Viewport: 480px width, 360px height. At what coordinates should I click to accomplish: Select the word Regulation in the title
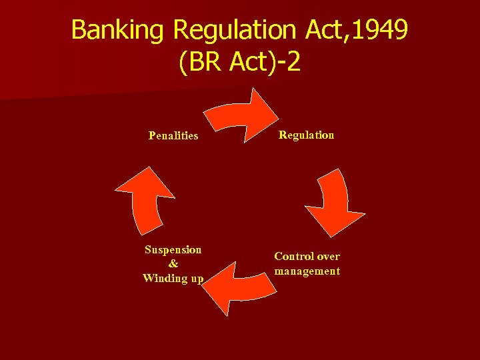tap(233, 30)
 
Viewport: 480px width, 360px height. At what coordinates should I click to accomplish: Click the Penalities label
tap(173, 136)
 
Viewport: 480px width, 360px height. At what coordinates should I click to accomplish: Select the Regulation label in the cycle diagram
tap(306, 135)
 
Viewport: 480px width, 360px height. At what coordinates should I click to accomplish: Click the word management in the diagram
tap(307, 271)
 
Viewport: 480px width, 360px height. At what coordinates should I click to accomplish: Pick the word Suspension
tap(173, 250)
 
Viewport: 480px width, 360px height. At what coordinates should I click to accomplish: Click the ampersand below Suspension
tap(173, 264)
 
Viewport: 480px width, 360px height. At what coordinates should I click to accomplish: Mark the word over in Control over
tap(329, 257)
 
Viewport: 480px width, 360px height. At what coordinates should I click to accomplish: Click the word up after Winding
tap(196, 278)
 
